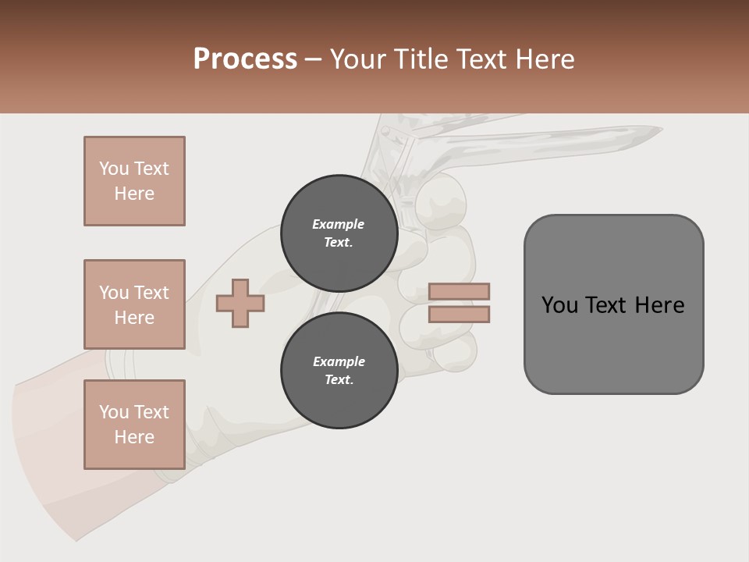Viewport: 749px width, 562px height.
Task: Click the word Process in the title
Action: pos(245,59)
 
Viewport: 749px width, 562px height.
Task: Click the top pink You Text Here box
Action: pos(134,181)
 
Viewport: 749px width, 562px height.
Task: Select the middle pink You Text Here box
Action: pos(134,304)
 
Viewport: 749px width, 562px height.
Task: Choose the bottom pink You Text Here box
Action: pos(134,425)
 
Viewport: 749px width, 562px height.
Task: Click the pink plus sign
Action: pos(240,304)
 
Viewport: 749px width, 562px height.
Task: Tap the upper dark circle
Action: pos(339,233)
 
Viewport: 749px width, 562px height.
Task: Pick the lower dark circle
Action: pos(339,371)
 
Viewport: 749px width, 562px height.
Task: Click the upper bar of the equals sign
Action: pos(459,291)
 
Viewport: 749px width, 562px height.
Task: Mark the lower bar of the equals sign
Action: pos(459,315)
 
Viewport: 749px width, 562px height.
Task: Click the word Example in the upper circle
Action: pos(339,224)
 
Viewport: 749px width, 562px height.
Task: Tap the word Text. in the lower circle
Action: pos(339,380)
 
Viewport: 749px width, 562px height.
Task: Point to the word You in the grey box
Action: pos(559,305)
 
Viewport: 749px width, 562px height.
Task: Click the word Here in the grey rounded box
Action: pos(659,305)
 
